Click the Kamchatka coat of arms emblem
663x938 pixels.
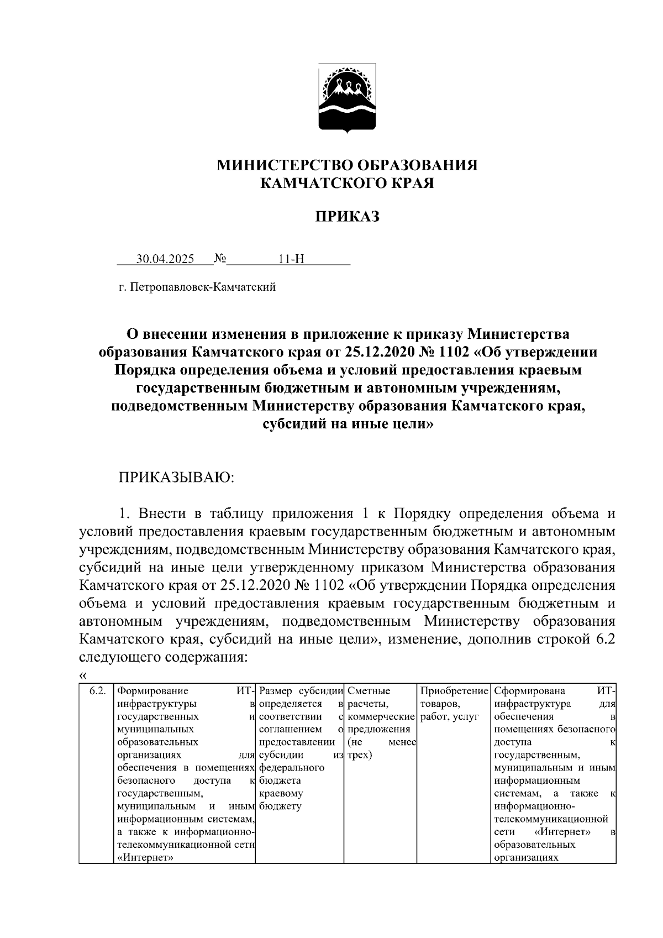348,97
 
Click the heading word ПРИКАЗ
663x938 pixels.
347,217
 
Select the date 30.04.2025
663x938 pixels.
165,259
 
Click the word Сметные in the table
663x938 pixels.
369,691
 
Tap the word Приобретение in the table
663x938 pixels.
455,691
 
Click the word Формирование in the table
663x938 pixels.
153,691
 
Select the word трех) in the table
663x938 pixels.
360,754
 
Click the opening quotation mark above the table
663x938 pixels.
83,675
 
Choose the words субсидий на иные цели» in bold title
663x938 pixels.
347,425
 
